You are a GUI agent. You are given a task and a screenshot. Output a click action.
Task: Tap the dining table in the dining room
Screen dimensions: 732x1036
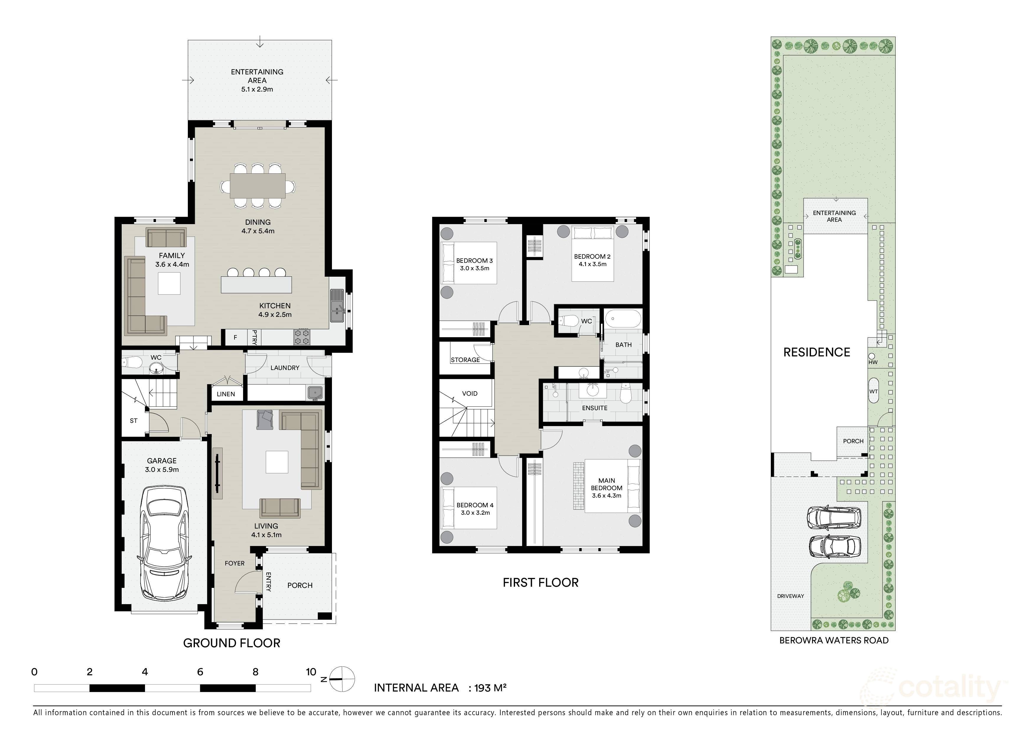257,186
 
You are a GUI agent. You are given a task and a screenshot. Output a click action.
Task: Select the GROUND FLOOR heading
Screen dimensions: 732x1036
232,643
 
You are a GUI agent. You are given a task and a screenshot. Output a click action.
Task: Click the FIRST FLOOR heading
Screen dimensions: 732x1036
540,582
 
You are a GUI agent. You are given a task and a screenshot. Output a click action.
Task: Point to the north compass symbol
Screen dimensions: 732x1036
342,679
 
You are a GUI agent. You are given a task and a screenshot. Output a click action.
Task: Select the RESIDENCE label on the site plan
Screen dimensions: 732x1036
816,352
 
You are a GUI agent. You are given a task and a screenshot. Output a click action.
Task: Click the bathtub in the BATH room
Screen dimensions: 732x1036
623,318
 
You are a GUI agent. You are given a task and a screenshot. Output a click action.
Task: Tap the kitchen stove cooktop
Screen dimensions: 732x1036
302,336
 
